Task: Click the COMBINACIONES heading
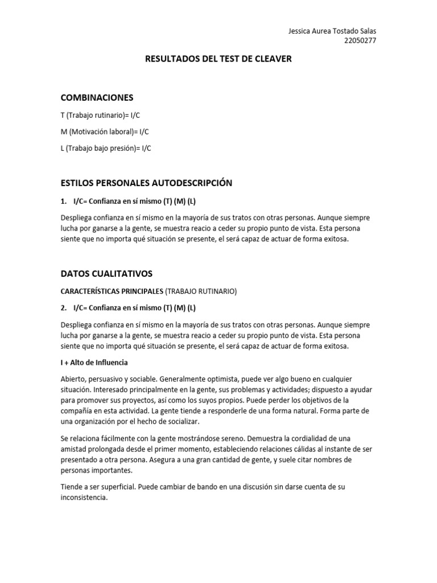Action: click(x=97, y=98)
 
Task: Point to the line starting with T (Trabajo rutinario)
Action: click(x=100, y=115)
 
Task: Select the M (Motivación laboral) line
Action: click(x=105, y=132)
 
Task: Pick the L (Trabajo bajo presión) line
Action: click(x=106, y=148)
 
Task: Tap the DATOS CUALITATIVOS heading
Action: click(x=106, y=274)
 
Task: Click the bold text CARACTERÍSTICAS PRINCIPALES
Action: click(x=112, y=291)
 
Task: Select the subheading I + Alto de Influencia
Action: click(x=94, y=362)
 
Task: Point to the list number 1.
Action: click(x=63, y=201)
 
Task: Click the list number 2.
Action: click(x=63, y=308)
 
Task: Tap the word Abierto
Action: click(x=73, y=379)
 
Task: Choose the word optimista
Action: click(x=228, y=379)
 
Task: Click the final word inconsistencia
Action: click(x=83, y=497)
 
